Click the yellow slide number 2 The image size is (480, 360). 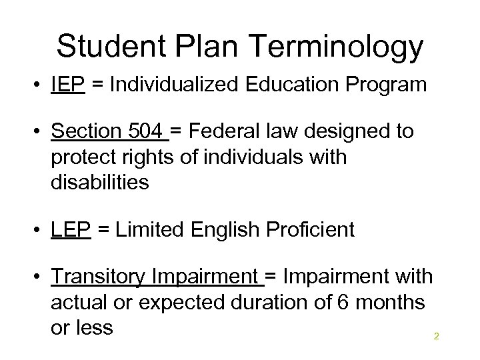click(x=436, y=336)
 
